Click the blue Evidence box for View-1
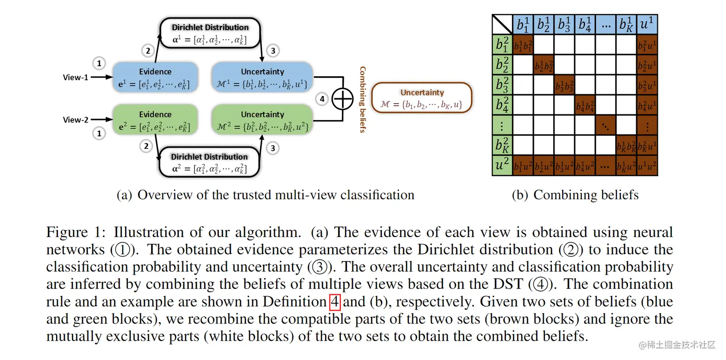click(x=155, y=78)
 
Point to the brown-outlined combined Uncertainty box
click(x=422, y=97)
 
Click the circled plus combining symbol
click(x=343, y=99)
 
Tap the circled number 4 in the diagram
click(x=322, y=99)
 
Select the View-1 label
click(x=75, y=77)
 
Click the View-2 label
click(x=75, y=120)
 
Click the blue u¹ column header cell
click(x=647, y=24)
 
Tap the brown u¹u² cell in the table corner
click(x=647, y=166)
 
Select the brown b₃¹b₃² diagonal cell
click(x=565, y=85)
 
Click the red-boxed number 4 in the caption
click(x=335, y=302)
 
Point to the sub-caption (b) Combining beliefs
click(x=575, y=195)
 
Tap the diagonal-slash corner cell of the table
click(x=502, y=24)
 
